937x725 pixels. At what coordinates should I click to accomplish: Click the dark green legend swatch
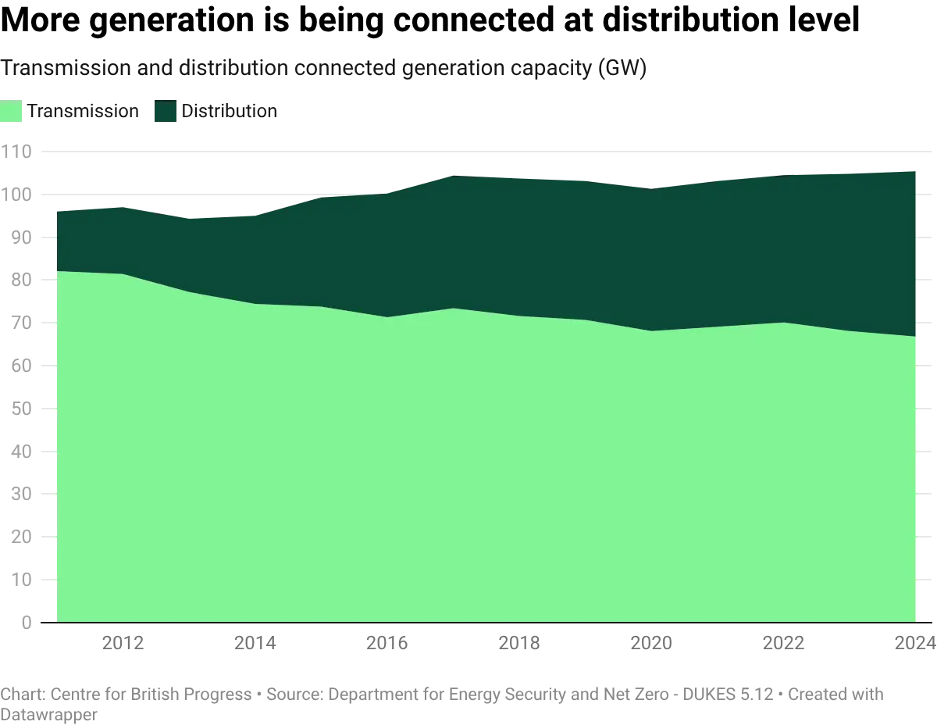pos(166,112)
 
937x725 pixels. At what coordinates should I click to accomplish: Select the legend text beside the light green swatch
pos(87,112)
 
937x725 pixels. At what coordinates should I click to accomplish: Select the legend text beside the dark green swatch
pos(231,112)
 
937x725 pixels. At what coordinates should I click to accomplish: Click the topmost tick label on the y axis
pos(20,153)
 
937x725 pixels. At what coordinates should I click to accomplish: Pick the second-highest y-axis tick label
pos(20,195)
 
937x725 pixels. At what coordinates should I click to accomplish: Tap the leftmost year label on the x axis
pos(123,643)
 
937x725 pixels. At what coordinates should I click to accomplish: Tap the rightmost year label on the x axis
pos(921,643)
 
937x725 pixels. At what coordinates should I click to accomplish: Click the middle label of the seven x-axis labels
pos(520,643)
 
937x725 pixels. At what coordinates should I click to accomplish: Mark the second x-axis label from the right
pos(784,643)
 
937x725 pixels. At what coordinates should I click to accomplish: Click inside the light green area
pos(468,469)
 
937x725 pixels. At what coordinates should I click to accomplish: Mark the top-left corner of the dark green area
pos(57,209)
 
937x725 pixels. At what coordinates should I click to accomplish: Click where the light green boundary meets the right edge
pos(917,337)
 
